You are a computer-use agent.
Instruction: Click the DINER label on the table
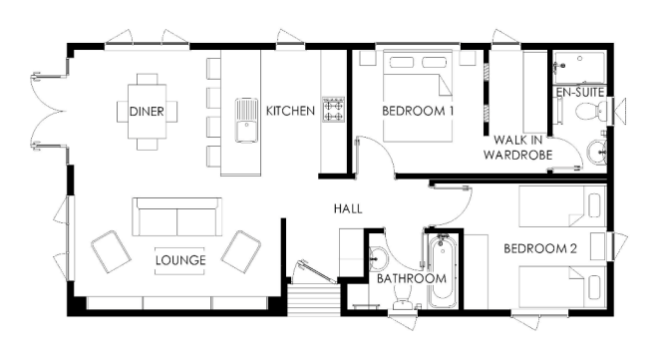[x=147, y=112]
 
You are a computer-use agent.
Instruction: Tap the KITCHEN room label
[x=290, y=111]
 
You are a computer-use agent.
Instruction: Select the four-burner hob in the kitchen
[x=333, y=110]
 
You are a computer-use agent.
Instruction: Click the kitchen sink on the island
[x=246, y=120]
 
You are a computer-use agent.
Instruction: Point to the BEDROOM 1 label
[x=418, y=111]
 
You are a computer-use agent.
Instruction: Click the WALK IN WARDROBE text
[x=518, y=148]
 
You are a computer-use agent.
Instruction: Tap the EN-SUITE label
[x=580, y=92]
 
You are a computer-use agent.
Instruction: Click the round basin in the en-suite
[x=597, y=154]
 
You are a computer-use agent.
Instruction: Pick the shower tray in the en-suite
[x=579, y=68]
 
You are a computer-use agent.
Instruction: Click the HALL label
[x=348, y=208]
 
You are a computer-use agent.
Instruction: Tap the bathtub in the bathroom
[x=442, y=271]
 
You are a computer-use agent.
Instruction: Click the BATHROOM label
[x=412, y=278]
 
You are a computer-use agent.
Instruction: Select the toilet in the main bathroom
[x=402, y=299]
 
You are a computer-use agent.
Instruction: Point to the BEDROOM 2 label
[x=540, y=248]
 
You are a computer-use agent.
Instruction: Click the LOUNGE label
[x=180, y=260]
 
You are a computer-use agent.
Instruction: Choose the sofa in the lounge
[x=176, y=217]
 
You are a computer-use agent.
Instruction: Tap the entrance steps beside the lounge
[x=313, y=299]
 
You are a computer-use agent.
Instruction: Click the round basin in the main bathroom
[x=378, y=259]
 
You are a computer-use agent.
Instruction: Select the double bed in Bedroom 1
[x=418, y=96]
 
